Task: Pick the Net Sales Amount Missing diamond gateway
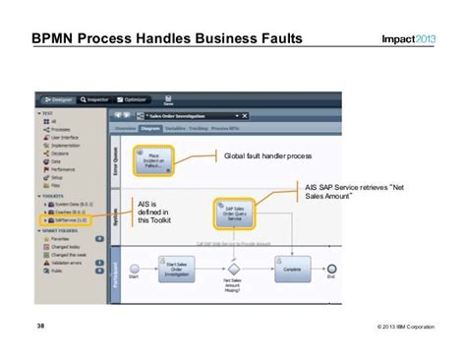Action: (234, 267)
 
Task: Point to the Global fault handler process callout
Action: (265, 155)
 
